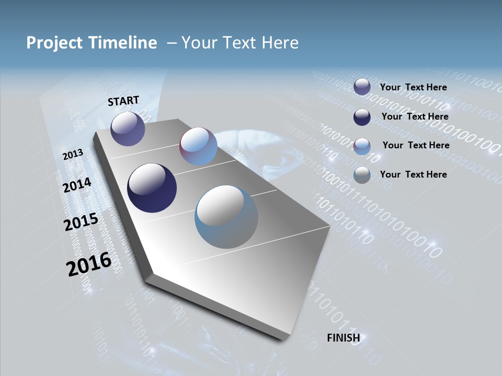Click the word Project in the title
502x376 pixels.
point(53,43)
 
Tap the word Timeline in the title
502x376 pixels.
point(124,43)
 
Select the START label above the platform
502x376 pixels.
point(123,101)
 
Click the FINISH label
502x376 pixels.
point(343,338)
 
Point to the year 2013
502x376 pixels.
point(73,155)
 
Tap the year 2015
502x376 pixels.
point(81,222)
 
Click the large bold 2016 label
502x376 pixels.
point(89,264)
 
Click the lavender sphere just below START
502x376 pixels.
point(128,128)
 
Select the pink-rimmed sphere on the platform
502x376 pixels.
point(198,146)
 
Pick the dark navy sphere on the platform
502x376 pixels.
point(152,188)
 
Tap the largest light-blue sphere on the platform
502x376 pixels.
point(226,217)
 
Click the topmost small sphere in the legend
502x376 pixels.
point(362,87)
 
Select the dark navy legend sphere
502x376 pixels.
point(362,117)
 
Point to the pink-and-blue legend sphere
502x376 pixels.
point(362,146)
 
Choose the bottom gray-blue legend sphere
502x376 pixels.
point(362,175)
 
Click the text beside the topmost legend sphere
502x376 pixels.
point(413,87)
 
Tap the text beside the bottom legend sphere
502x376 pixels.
point(413,174)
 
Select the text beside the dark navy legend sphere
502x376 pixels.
point(415,116)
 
